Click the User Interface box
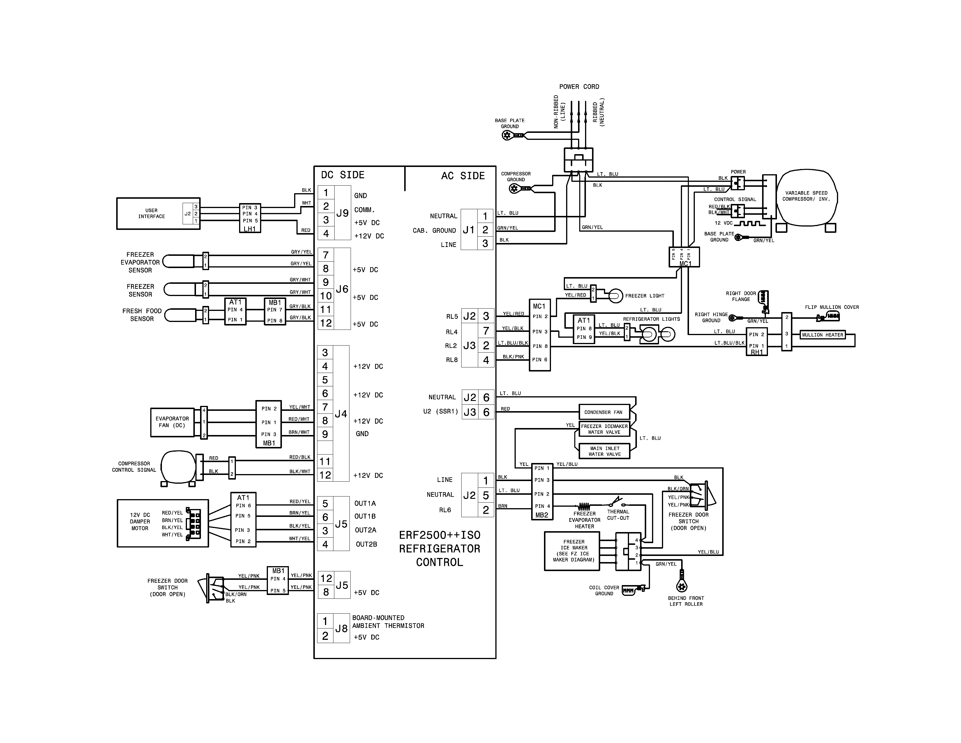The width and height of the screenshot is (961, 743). click(x=151, y=214)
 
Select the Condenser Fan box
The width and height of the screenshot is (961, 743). click(x=603, y=412)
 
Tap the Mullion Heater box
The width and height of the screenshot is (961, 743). click(x=822, y=335)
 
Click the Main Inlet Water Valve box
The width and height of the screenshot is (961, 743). click(x=605, y=451)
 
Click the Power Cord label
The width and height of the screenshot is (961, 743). click(x=579, y=87)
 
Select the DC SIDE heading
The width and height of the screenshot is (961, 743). click(x=342, y=175)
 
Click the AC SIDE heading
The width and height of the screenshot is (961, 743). click(x=463, y=176)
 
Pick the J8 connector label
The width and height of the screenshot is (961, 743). click(x=342, y=628)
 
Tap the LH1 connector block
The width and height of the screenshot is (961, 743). click(x=250, y=218)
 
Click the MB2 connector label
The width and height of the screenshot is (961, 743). click(x=542, y=515)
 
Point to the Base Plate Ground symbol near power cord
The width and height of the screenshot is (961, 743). click(x=507, y=135)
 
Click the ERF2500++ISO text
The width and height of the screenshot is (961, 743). click(x=439, y=535)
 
